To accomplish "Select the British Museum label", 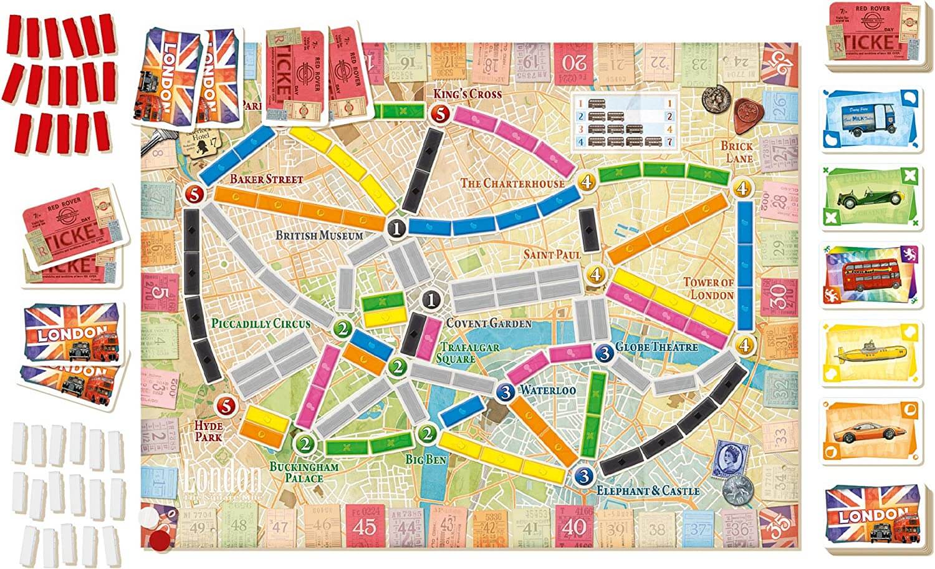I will tap(319, 236).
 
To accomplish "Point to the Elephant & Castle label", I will tap(648, 491).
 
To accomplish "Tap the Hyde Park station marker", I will tap(226, 406).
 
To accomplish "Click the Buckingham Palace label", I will tap(304, 472).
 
